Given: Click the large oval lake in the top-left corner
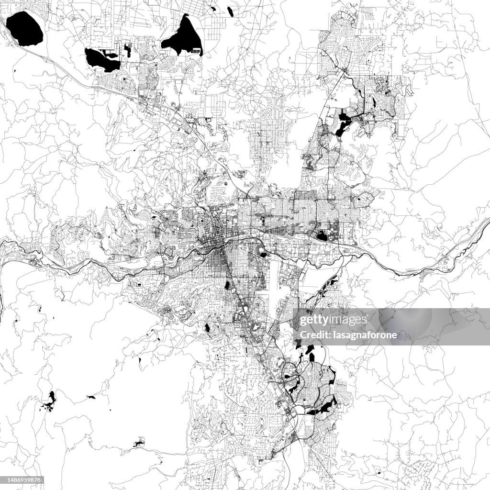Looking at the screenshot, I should click(24, 29).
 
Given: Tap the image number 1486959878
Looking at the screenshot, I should click(23, 480).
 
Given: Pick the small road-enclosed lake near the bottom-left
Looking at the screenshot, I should click(139, 443).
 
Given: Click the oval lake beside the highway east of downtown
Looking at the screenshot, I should click(322, 235).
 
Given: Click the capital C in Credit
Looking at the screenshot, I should click(301, 334).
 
